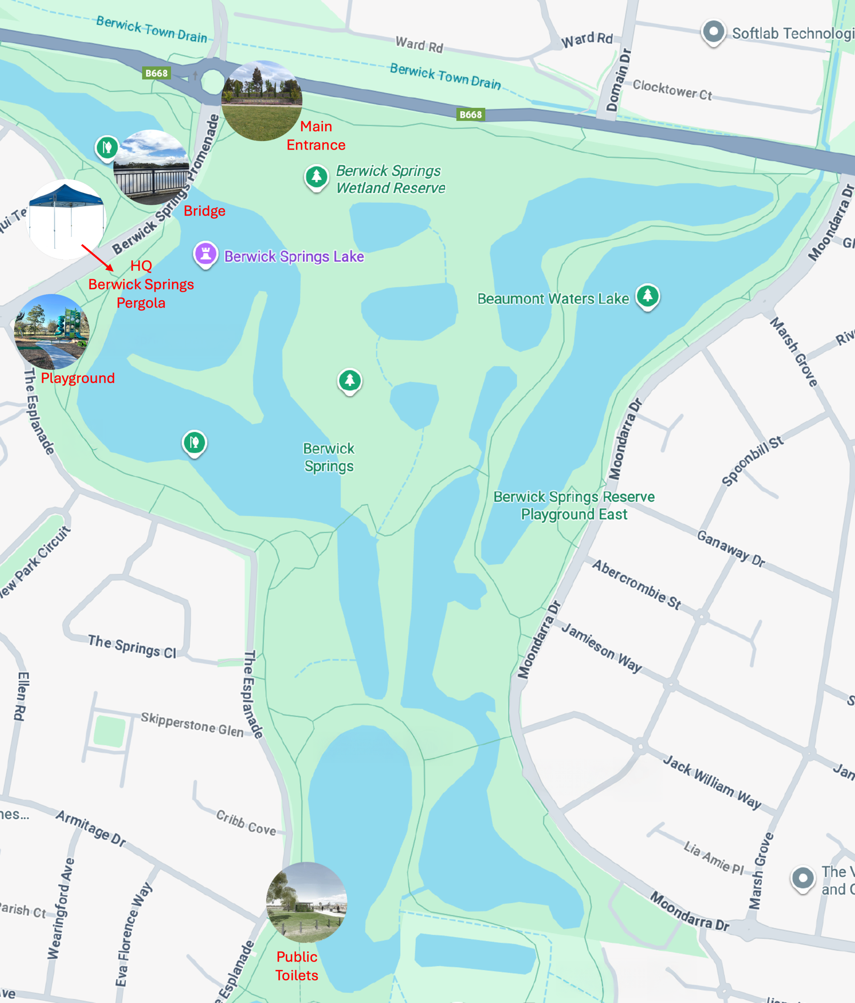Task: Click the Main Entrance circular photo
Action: pyautogui.click(x=261, y=101)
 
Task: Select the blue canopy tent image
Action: pyautogui.click(x=66, y=219)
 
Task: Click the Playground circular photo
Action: pyautogui.click(x=52, y=331)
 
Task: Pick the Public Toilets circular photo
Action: pyautogui.click(x=306, y=902)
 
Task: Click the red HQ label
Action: pyautogui.click(x=141, y=266)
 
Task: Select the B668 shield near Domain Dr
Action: pyautogui.click(x=470, y=115)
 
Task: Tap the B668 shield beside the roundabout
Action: pyautogui.click(x=156, y=73)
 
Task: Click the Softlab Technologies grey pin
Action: pyautogui.click(x=713, y=32)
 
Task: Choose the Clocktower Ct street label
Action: pyautogui.click(x=672, y=90)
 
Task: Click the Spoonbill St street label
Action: pyautogui.click(x=752, y=460)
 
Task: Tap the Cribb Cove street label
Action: pyautogui.click(x=246, y=823)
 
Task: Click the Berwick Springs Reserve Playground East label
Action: pyautogui.click(x=574, y=505)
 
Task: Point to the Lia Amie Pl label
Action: pyautogui.click(x=713, y=858)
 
